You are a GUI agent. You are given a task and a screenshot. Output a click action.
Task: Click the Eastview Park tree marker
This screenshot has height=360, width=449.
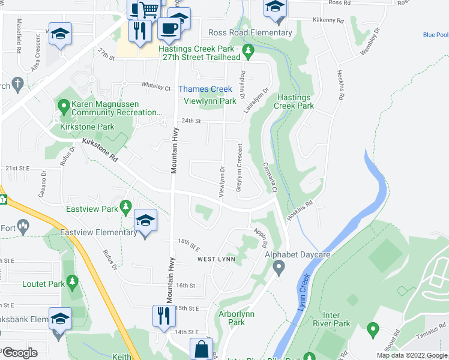pos(125,207)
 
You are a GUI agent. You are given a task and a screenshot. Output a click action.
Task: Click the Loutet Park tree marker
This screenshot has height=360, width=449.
pos(72,281)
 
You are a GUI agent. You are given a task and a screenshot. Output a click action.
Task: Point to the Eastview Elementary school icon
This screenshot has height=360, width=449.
pos(145,221)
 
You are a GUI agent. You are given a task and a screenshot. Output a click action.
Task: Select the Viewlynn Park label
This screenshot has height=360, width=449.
pos(210,101)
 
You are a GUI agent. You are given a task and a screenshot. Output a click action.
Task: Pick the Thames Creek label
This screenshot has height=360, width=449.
pos(205,89)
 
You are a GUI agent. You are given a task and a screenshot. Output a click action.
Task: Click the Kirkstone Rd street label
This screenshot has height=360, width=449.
pos(100,150)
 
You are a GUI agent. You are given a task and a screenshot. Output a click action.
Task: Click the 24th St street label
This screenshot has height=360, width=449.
pos(190,121)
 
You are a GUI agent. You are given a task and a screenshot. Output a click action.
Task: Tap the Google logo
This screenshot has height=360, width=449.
pos(19,353)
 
